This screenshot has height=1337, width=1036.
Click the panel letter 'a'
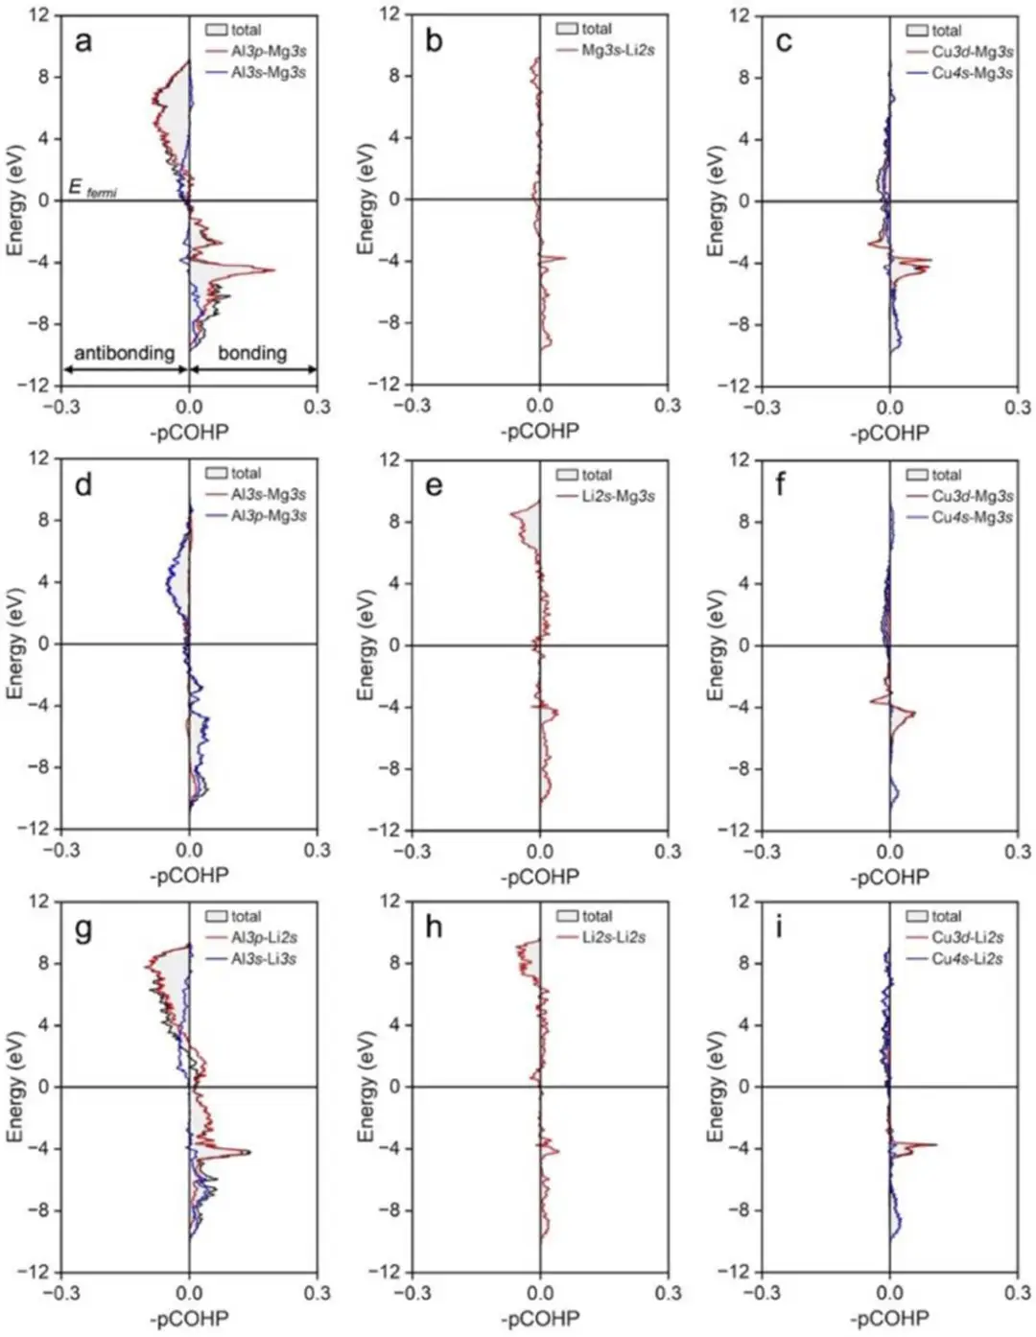click(84, 41)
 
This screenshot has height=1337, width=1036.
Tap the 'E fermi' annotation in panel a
click(92, 189)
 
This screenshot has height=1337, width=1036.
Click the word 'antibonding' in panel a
click(124, 353)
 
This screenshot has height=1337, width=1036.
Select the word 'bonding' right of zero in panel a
click(251, 353)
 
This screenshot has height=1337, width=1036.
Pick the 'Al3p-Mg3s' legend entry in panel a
click(268, 51)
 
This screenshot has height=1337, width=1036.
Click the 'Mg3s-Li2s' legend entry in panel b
click(618, 50)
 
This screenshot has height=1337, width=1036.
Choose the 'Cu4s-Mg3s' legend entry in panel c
click(972, 73)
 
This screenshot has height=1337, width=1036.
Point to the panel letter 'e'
click(434, 485)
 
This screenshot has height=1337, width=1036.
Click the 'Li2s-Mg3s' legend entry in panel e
click(618, 496)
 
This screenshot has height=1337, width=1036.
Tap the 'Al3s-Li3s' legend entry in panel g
click(263, 958)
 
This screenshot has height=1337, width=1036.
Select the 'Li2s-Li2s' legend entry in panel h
click(613, 937)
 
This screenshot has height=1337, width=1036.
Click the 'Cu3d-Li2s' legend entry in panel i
click(967, 937)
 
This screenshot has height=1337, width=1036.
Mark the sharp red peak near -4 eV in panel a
click(271, 270)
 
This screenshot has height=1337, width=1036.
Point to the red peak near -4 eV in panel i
click(933, 1144)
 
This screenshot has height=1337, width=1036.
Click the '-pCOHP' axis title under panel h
click(539, 1319)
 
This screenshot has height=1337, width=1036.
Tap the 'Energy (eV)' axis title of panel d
click(14, 644)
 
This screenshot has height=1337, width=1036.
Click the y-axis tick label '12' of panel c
click(739, 15)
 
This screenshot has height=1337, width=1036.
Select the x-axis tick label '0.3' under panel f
click(1017, 851)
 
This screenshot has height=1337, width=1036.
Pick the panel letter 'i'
click(779, 927)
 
